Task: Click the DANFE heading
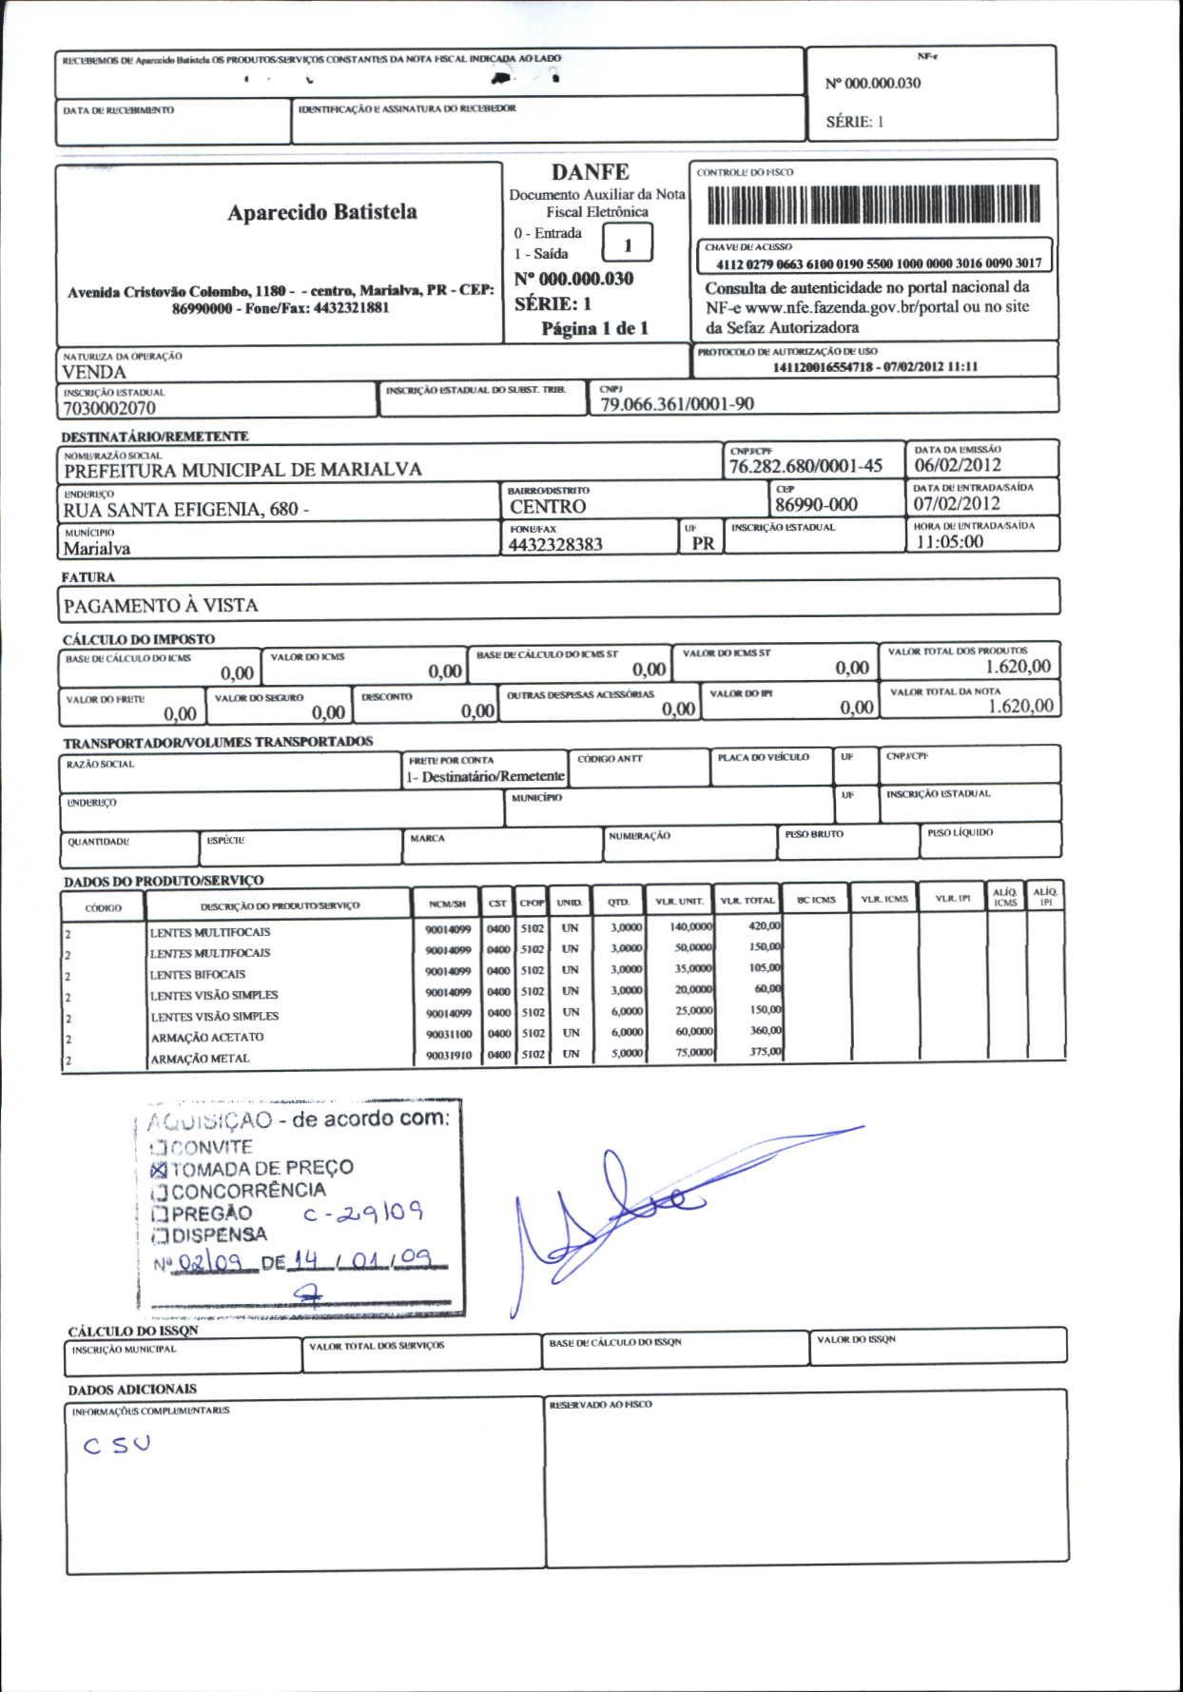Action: (590, 172)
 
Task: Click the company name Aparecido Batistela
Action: (321, 212)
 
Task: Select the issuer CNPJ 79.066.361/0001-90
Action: (676, 404)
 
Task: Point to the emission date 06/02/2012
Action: (957, 465)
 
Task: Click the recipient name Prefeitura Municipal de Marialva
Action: (242, 470)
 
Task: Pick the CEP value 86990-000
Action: (815, 505)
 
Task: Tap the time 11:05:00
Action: (949, 542)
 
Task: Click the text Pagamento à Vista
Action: (160, 605)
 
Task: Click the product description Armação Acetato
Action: (206, 1038)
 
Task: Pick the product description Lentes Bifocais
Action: (197, 975)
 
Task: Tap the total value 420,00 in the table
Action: (765, 925)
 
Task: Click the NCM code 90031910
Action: (448, 1055)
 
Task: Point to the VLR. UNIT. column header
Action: (679, 901)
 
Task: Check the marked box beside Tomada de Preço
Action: (159, 1169)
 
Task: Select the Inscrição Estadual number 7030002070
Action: (109, 408)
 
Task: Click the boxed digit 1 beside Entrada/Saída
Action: (628, 244)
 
